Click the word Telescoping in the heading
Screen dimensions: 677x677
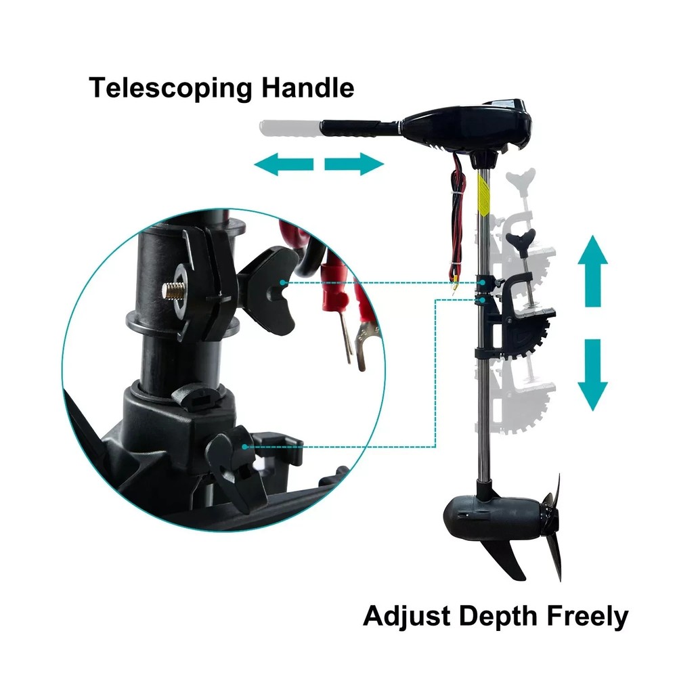click(x=170, y=89)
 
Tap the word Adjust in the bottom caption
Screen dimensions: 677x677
click(x=407, y=617)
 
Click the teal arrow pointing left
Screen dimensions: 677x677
click(x=283, y=165)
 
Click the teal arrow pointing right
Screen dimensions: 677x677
click(x=354, y=165)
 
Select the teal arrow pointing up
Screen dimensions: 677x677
click(x=593, y=271)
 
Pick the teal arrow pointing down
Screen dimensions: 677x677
click(x=593, y=375)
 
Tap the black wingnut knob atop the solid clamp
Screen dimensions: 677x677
click(x=521, y=238)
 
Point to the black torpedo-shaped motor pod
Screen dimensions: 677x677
click(x=492, y=516)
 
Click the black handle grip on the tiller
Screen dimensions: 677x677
click(x=350, y=129)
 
